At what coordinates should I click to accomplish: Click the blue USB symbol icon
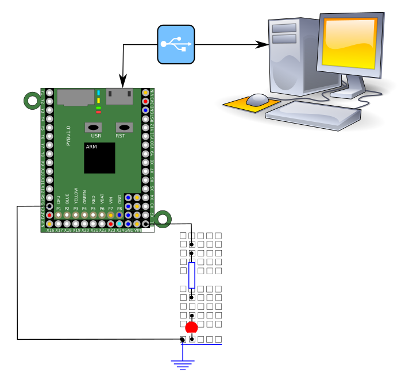coord(176,44)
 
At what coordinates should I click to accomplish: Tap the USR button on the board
coord(93,127)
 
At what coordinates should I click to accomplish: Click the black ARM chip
coord(99,158)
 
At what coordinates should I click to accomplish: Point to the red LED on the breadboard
coord(191,328)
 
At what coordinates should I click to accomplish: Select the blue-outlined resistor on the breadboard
coord(191,275)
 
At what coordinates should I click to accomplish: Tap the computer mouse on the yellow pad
coord(257,99)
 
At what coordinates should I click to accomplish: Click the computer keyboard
coord(313,114)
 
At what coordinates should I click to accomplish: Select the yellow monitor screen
coord(350,43)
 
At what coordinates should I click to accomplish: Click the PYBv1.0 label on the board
coord(68,136)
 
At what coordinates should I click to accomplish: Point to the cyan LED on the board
coord(99,93)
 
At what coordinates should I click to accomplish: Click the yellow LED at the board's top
coord(99,101)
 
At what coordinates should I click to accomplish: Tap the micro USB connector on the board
coord(119,96)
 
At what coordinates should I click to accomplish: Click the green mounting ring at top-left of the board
coord(32,101)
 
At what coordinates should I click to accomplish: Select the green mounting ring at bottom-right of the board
coord(163,218)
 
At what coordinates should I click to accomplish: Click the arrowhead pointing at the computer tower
coord(263,44)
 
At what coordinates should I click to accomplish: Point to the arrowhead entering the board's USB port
coord(122,80)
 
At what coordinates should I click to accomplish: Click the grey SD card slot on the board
coord(75,97)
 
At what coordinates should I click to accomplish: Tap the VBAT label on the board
coord(102,198)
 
